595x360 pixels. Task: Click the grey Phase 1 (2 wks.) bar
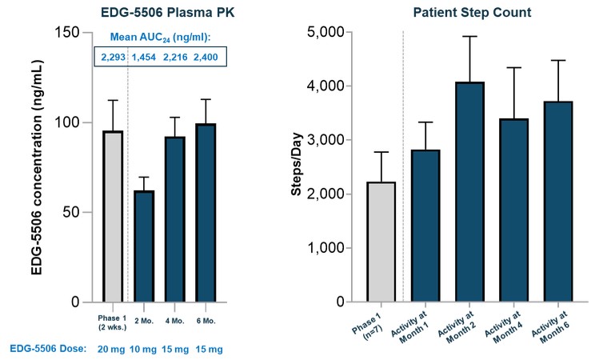pos(112,217)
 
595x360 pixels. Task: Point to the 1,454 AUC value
pos(145,57)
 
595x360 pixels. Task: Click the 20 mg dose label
pos(112,349)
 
